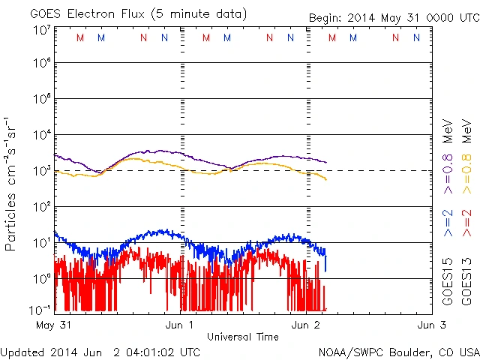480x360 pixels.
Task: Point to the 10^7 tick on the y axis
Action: [41, 29]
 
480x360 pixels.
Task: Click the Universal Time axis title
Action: [243, 337]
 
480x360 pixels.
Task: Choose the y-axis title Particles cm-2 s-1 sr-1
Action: [11, 184]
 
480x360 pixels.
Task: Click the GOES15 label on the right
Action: [448, 284]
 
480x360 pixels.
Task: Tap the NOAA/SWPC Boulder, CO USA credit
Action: [398, 351]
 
